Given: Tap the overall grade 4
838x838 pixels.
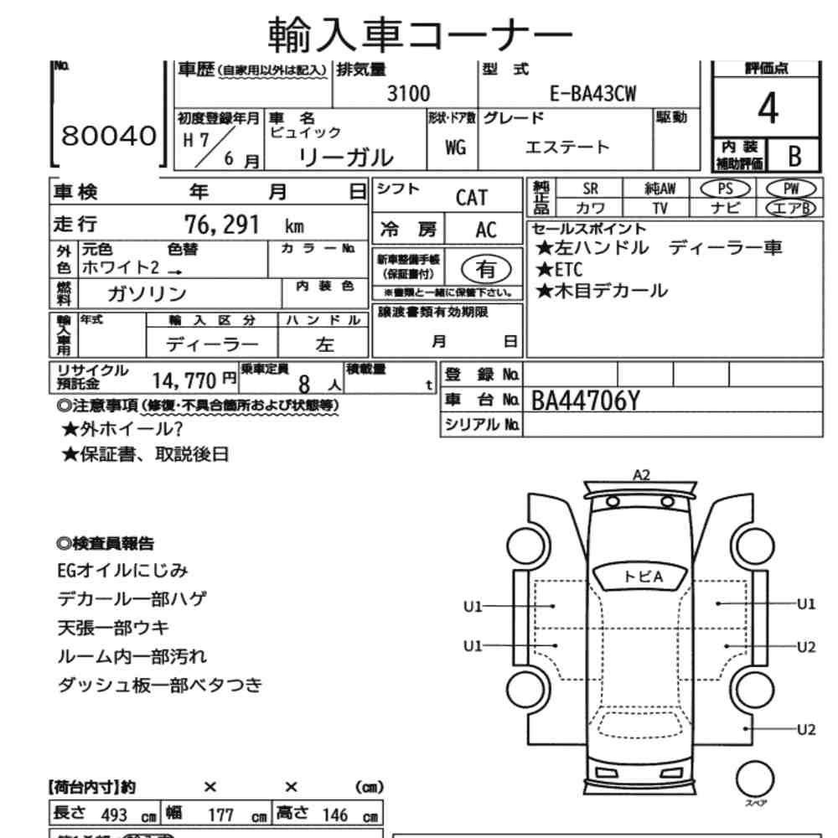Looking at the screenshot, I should (x=766, y=109).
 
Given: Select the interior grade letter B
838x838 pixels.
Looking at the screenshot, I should (x=794, y=156).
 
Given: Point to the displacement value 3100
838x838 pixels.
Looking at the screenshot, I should (x=408, y=94).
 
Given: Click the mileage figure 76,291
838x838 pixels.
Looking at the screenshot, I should (x=222, y=225).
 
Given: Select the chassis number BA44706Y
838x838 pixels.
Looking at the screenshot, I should (x=587, y=401).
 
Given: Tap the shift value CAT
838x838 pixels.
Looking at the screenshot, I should (x=471, y=198).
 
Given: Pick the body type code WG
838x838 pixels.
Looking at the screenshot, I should (x=456, y=147).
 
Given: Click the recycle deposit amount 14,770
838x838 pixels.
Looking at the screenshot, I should (x=184, y=381).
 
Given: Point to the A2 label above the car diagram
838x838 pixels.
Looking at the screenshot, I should (x=641, y=474).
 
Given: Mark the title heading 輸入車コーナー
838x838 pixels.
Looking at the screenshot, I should (x=419, y=34).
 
